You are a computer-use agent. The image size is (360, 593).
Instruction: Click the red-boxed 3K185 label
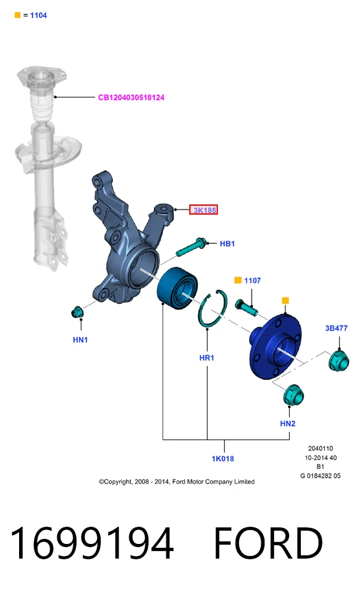203,210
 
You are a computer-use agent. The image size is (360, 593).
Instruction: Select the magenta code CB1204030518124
131,97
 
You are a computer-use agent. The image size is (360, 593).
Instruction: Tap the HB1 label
227,243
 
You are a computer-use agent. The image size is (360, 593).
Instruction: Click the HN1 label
80,339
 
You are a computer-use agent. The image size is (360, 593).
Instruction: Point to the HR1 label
207,357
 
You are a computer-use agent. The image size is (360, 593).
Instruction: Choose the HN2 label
288,423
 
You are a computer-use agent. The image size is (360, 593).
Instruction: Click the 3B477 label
336,328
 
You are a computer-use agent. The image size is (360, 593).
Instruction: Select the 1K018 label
223,459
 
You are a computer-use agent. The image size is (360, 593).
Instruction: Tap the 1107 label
252,280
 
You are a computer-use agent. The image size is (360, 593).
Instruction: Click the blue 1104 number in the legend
39,15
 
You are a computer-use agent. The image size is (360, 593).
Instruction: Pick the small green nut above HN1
78,312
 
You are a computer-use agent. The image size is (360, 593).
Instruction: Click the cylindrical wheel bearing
177,285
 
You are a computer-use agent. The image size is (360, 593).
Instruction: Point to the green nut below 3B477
338,361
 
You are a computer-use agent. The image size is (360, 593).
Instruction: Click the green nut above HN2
294,395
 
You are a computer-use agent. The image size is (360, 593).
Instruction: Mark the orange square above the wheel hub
285,301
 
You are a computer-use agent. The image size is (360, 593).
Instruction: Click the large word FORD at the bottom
268,543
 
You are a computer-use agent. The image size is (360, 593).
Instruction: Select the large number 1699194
92,543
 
